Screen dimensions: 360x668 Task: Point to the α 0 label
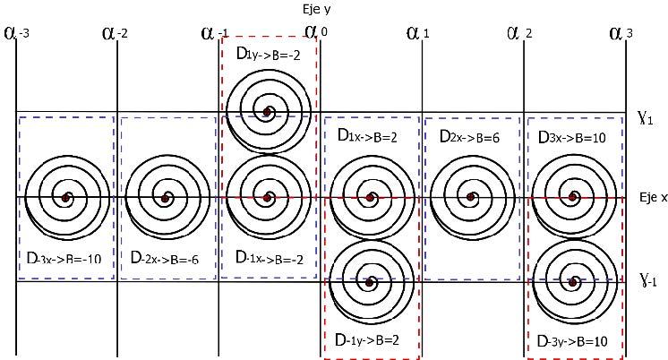pyautogui.click(x=314, y=33)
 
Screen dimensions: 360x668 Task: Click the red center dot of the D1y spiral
pyautogui.click(x=267, y=112)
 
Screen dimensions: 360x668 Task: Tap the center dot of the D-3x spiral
pyautogui.click(x=64, y=197)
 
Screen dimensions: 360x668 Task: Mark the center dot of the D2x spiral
pyautogui.click(x=469, y=197)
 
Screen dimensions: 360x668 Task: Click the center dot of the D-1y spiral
pyautogui.click(x=368, y=282)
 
